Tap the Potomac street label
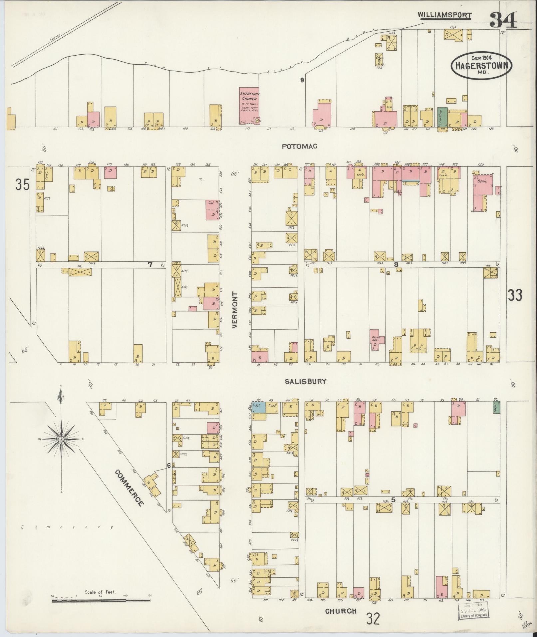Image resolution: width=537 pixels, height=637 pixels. pyautogui.click(x=299, y=146)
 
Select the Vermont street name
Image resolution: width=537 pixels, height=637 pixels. pyautogui.click(x=235, y=310)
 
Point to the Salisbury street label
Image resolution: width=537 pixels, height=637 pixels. pyautogui.click(x=305, y=382)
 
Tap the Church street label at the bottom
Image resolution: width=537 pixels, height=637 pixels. pyautogui.click(x=341, y=611)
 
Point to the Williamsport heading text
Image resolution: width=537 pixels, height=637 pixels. pyautogui.click(x=445, y=15)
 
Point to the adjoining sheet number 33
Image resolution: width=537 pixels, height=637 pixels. pyautogui.click(x=515, y=295)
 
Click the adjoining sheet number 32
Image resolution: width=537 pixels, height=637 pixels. pyautogui.click(x=373, y=619)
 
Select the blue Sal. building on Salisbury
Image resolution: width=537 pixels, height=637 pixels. pyautogui.click(x=259, y=407)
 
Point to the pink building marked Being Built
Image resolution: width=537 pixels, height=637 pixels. pyautogui.click(x=376, y=340)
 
